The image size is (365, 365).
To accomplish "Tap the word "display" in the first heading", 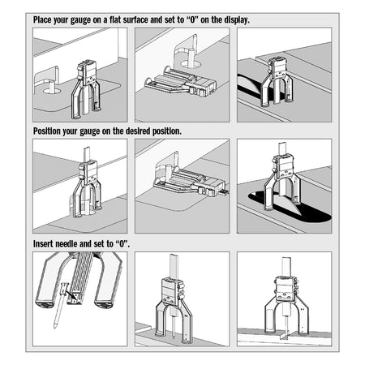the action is coord(236,20).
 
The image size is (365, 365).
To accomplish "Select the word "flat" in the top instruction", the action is coord(114,20).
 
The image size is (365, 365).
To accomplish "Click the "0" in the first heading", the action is coord(192,20).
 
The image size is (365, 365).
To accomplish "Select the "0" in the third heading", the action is coord(122,244).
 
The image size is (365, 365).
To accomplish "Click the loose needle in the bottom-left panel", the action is coord(60,305).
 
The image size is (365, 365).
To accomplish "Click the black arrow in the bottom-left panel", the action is coord(71,294).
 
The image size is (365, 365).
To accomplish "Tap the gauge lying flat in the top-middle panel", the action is coord(181,83).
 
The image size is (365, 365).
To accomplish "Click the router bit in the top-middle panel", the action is coord(191,58).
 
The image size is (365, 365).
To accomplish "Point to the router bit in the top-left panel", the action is coord(52,86).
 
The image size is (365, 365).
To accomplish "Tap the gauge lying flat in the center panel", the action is coord(189,181).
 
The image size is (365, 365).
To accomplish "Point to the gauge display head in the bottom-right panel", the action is coord(286,288).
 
